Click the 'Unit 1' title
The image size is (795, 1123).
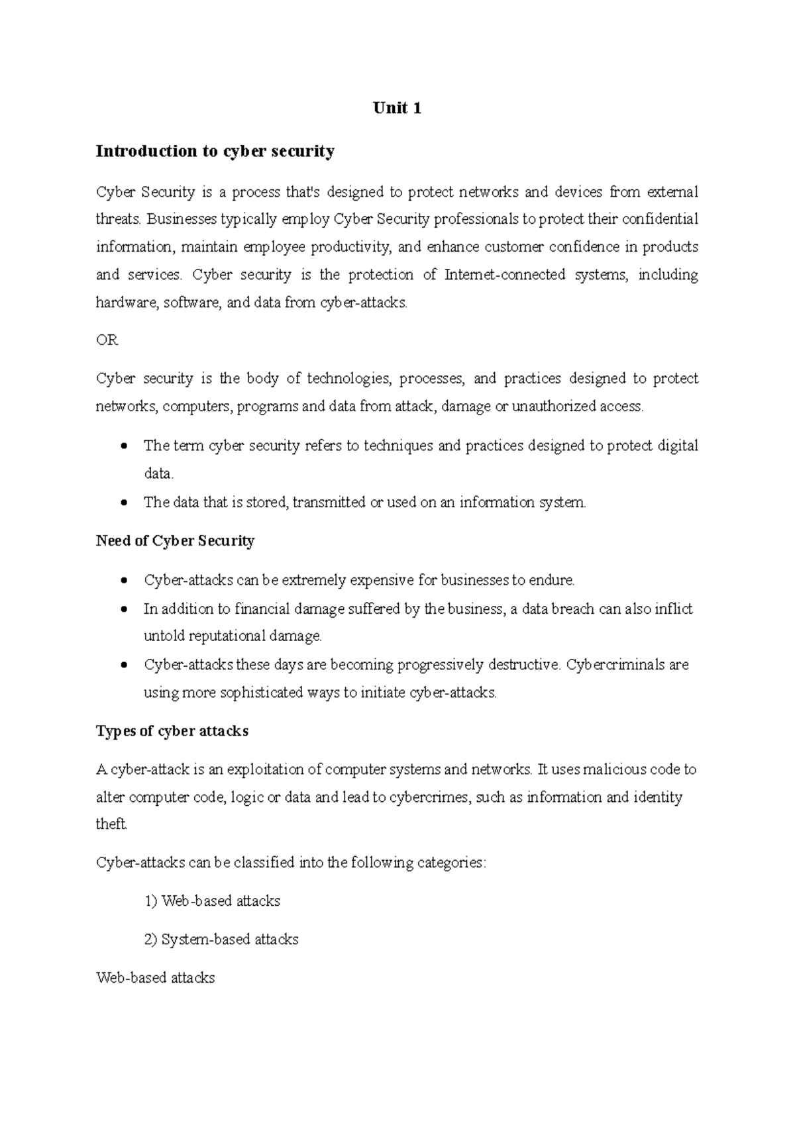point(397,108)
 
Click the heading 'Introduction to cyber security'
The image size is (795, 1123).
point(215,151)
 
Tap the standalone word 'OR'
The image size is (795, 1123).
point(107,340)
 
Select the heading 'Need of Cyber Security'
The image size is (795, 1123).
point(175,541)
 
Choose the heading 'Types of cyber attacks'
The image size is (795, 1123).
point(172,731)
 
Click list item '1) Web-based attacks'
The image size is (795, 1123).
point(212,901)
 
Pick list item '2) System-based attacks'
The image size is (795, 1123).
point(221,940)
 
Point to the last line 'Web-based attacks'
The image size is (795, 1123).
point(155,978)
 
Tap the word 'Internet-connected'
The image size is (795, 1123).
point(505,275)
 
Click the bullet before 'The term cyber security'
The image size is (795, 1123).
point(124,446)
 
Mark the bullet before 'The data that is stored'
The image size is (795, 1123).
point(124,503)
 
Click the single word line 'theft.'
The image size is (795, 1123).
point(111,824)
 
